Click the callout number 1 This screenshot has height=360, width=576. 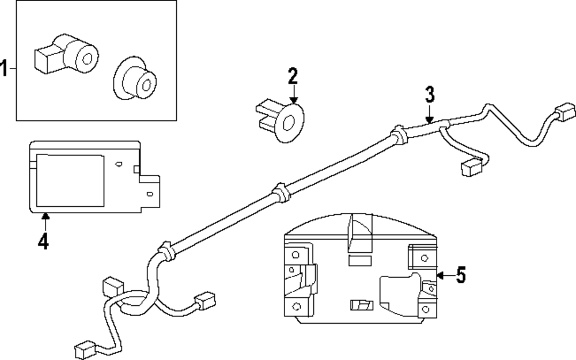tap(5, 69)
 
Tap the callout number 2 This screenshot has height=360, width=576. tap(293, 76)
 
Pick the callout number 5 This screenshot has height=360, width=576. tap(460, 276)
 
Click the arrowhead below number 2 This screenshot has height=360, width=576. tap(293, 100)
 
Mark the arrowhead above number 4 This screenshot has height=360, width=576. tap(44, 217)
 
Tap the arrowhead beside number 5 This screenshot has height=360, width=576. tap(439, 276)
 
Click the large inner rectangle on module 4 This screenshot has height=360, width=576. tap(70, 180)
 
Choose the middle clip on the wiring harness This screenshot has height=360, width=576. tap(279, 191)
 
